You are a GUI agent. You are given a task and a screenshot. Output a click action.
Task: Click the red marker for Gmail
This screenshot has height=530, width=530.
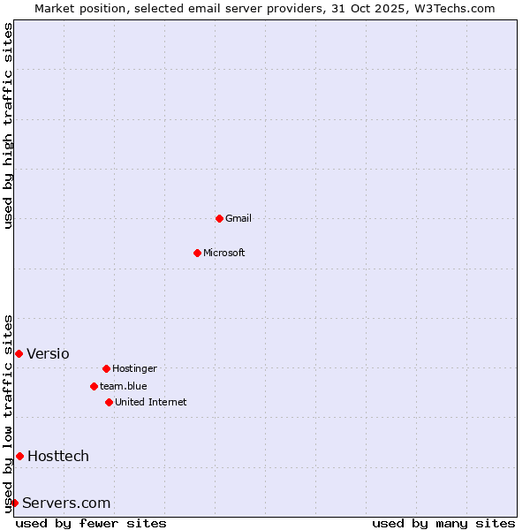pos(219,218)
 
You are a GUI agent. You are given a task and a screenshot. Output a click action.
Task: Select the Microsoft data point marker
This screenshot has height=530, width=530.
pos(197,253)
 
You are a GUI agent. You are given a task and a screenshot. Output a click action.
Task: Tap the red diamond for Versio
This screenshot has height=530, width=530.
pos(19,353)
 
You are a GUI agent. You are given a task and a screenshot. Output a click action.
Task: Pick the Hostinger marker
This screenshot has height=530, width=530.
pos(106,368)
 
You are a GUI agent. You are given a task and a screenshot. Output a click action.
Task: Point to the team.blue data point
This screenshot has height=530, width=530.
pos(94,386)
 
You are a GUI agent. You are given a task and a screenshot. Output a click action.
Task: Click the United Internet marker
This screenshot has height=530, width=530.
pos(109,402)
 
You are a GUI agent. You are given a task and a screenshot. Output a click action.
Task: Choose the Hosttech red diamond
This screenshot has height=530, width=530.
pos(19,456)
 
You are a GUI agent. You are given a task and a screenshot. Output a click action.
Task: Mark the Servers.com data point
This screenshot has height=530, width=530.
pos(14,503)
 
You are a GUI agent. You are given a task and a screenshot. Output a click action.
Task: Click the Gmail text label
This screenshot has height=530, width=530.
pos(238,218)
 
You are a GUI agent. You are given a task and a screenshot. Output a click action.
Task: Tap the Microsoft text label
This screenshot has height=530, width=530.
pos(224,253)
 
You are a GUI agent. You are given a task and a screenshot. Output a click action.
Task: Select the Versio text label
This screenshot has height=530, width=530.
pos(48,353)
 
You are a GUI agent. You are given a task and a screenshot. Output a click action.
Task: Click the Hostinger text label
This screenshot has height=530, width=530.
pos(134,368)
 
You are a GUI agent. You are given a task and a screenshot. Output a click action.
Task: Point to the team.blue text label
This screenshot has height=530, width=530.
pos(124,386)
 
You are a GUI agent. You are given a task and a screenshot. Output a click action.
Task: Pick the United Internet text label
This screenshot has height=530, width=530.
pos(151,402)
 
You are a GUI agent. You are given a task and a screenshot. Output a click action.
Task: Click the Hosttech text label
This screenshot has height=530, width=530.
pos(58,456)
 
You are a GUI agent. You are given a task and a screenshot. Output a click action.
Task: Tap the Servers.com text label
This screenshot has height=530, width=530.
pos(66,503)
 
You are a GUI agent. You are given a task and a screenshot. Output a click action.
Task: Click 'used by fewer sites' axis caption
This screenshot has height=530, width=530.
pos(91,523)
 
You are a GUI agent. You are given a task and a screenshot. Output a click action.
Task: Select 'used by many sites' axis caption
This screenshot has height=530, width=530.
pos(443,523)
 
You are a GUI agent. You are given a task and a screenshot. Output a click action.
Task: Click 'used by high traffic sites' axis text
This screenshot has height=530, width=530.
pos(9,125)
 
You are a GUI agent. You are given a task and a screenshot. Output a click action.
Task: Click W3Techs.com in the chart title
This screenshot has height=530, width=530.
pos(450,8)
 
